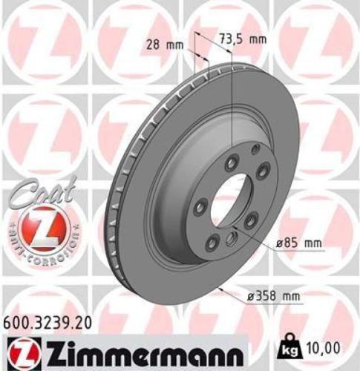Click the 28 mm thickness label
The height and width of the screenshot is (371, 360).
point(163,45)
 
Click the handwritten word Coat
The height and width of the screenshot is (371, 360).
point(36,195)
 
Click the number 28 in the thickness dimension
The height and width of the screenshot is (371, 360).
point(153,45)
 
